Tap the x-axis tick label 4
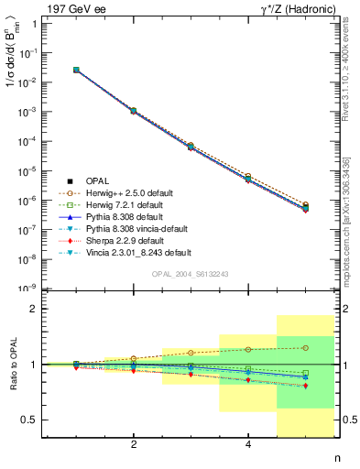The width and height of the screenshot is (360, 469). click(x=248, y=445)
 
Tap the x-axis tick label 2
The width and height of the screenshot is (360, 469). click(x=134, y=445)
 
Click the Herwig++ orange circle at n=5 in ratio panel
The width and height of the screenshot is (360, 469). click(x=305, y=348)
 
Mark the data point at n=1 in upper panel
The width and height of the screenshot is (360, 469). click(x=76, y=70)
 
